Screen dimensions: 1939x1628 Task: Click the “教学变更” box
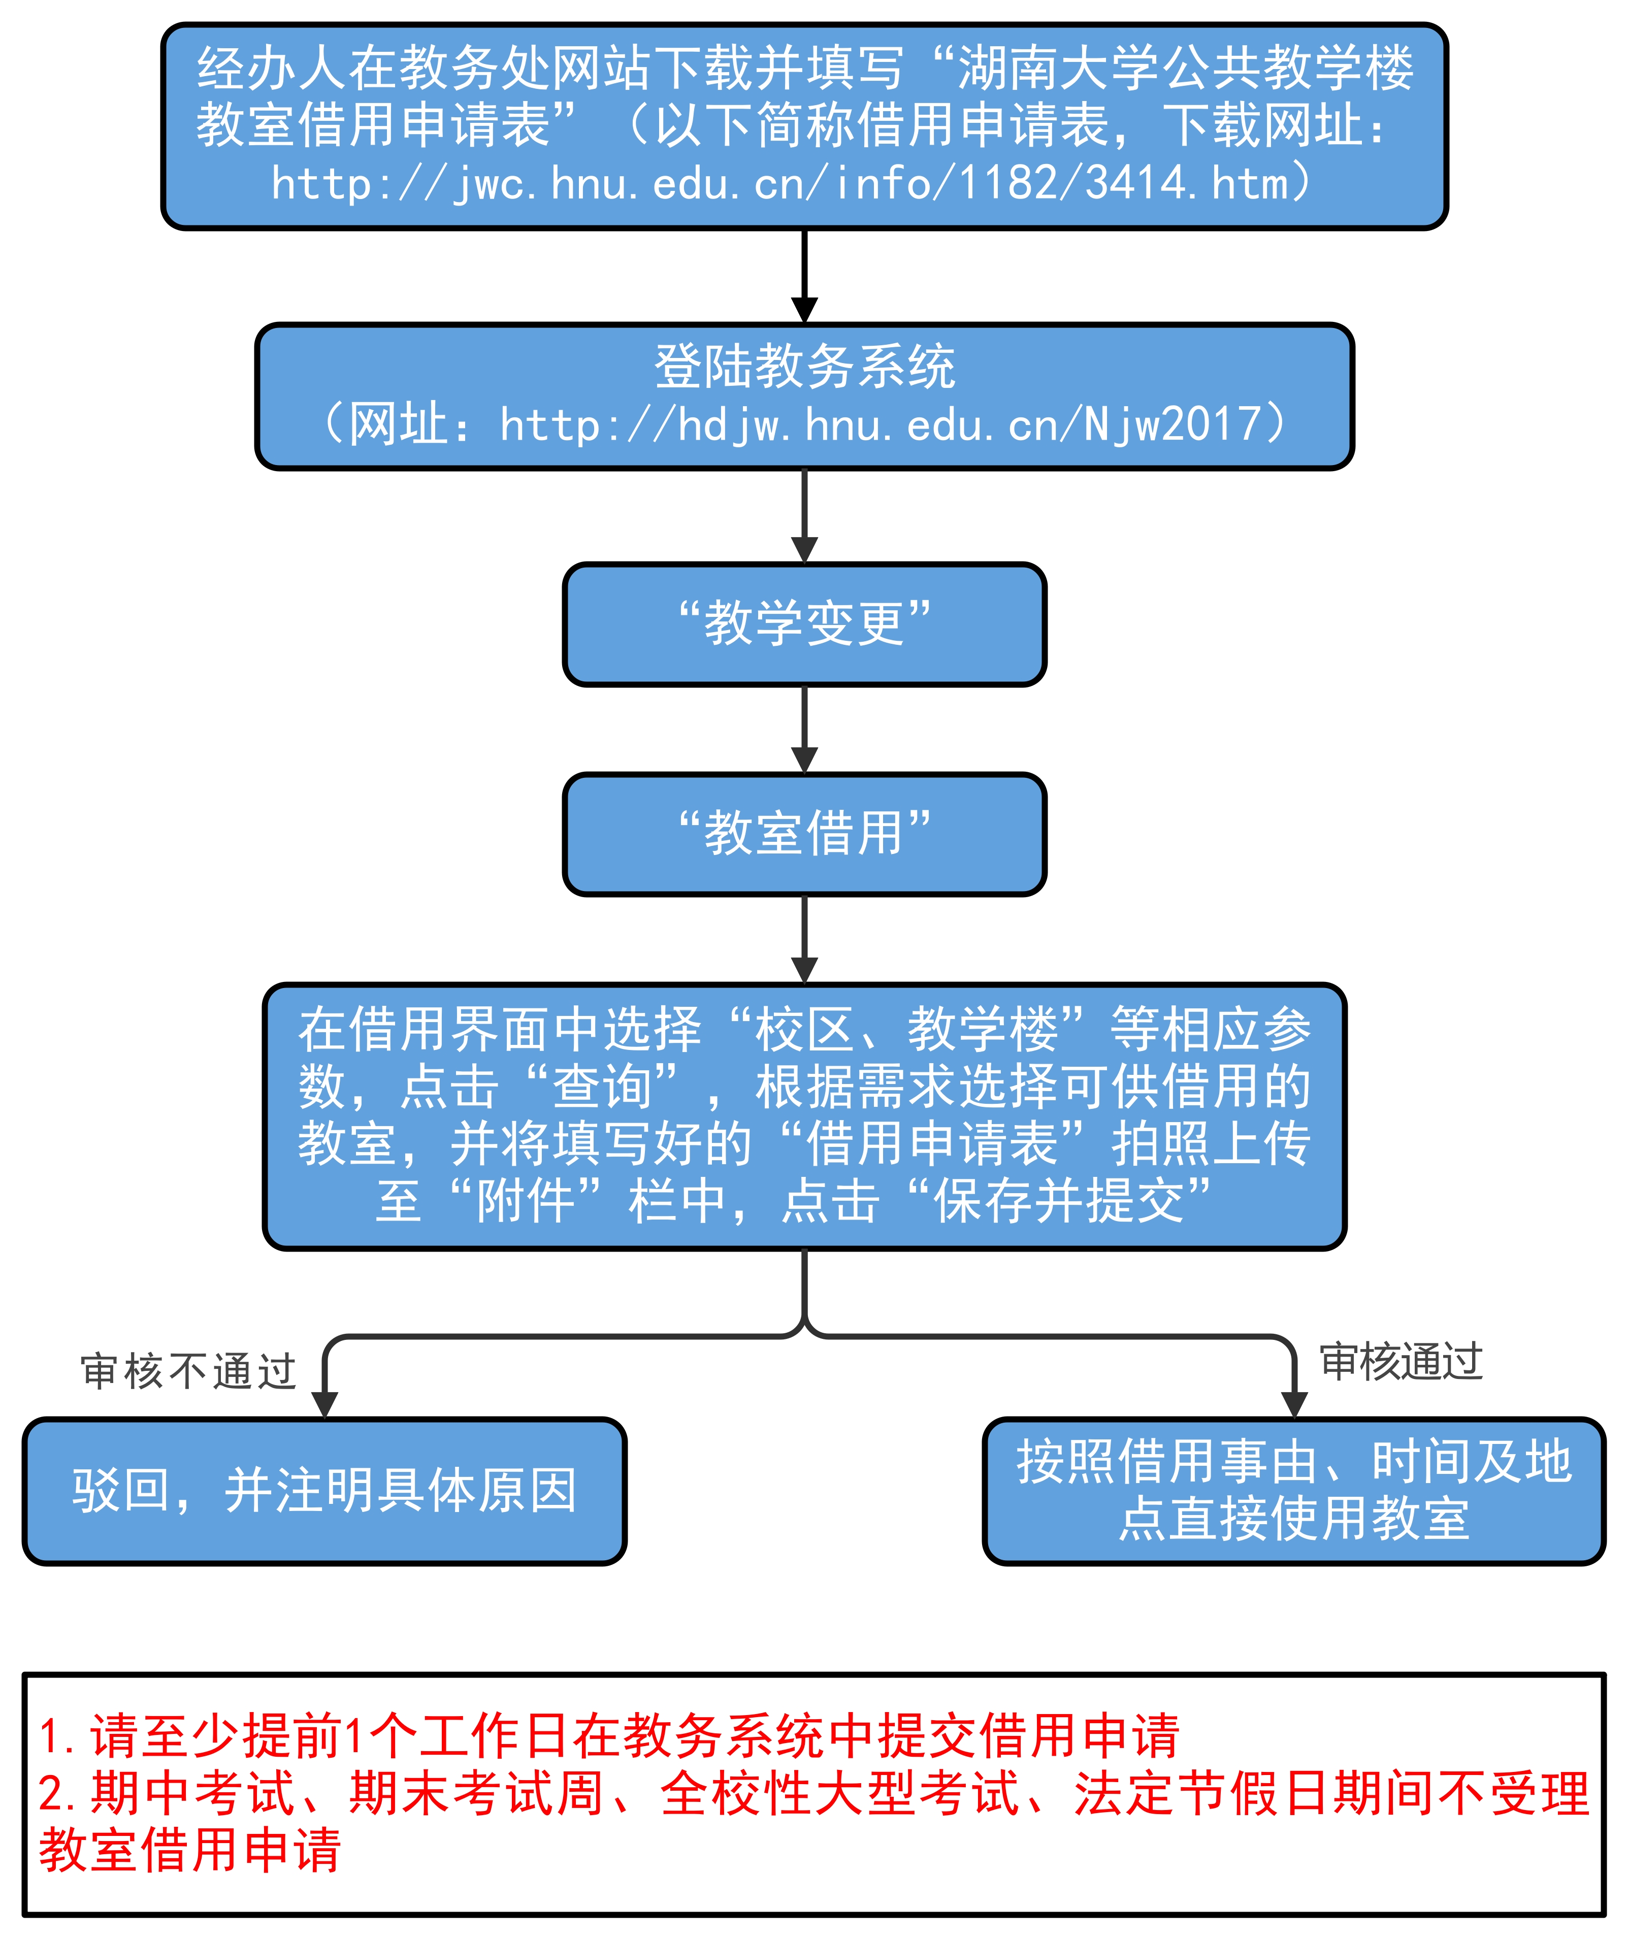[804, 624]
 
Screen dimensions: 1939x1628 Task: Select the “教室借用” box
[804, 834]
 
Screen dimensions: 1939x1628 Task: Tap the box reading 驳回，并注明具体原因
[324, 1490]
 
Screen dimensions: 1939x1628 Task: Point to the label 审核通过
[1401, 1362]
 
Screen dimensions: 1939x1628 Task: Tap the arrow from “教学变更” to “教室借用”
[804, 730]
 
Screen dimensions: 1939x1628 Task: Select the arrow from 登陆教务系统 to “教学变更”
[804, 515]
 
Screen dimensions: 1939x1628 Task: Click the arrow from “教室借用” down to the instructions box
[804, 939]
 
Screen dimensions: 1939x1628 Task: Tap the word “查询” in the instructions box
[602, 1087]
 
